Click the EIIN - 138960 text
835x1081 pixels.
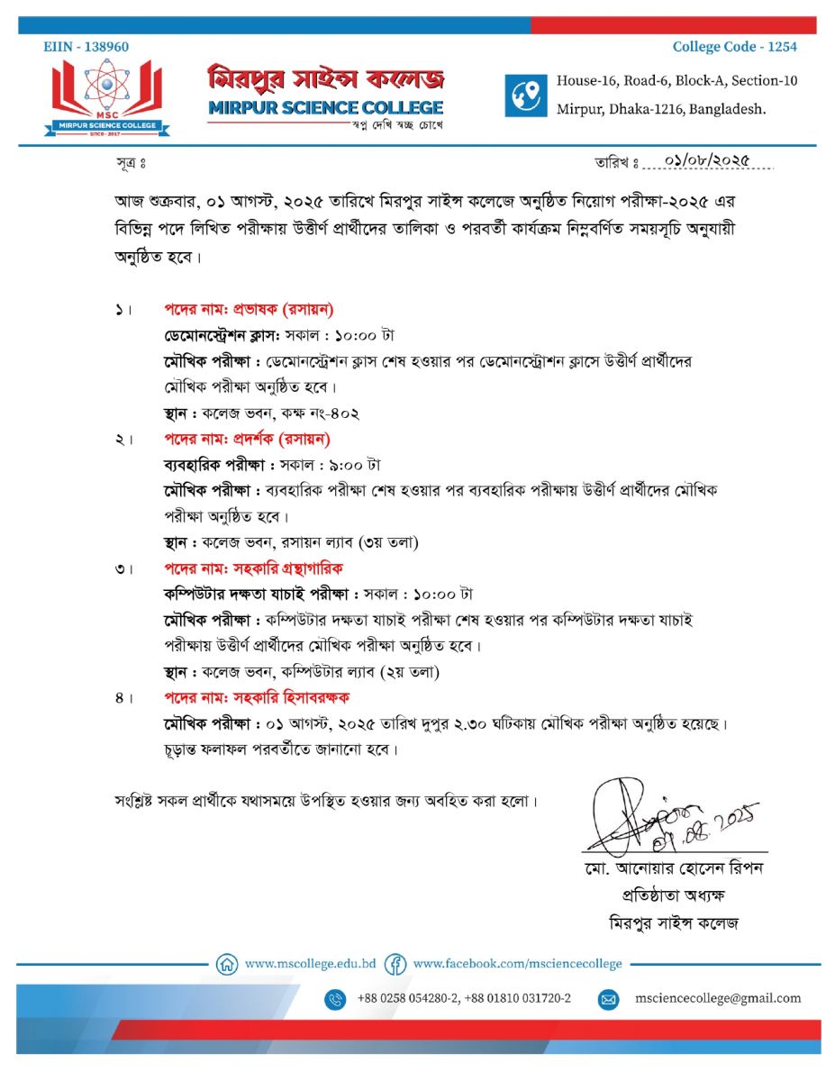point(86,47)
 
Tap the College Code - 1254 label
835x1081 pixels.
point(734,47)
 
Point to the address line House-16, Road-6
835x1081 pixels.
point(676,80)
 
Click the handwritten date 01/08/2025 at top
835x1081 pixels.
point(706,160)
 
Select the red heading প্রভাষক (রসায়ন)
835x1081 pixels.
point(249,310)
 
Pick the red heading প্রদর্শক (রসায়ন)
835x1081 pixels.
point(247,440)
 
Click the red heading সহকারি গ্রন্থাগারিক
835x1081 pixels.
point(253,568)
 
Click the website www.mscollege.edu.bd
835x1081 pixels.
point(310,963)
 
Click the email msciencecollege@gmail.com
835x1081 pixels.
point(717,998)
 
